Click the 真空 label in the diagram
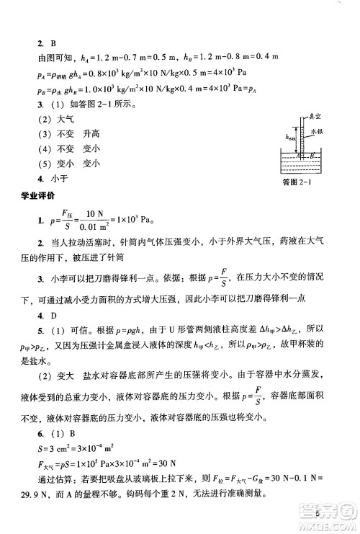click(x=315, y=115)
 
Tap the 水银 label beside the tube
click(x=318, y=133)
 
